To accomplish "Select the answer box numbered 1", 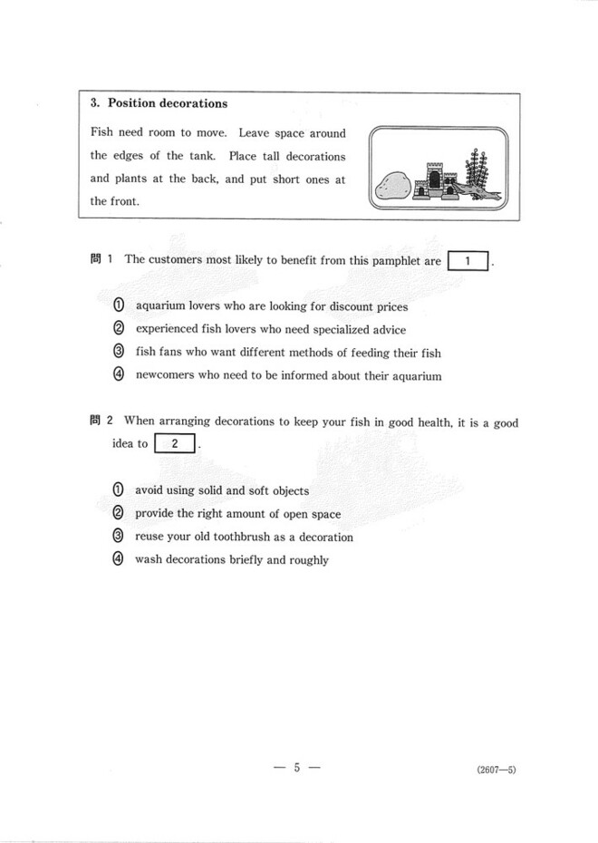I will tap(468, 261).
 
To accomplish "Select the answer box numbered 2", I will tap(175, 444).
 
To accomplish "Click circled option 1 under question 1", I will tap(118, 306).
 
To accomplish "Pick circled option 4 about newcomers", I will tap(118, 375).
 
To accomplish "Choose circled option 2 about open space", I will tap(118, 513).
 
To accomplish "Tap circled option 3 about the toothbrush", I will tap(118, 537).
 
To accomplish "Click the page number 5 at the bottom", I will tap(296, 768).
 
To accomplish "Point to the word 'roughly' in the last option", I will tap(308, 560).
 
